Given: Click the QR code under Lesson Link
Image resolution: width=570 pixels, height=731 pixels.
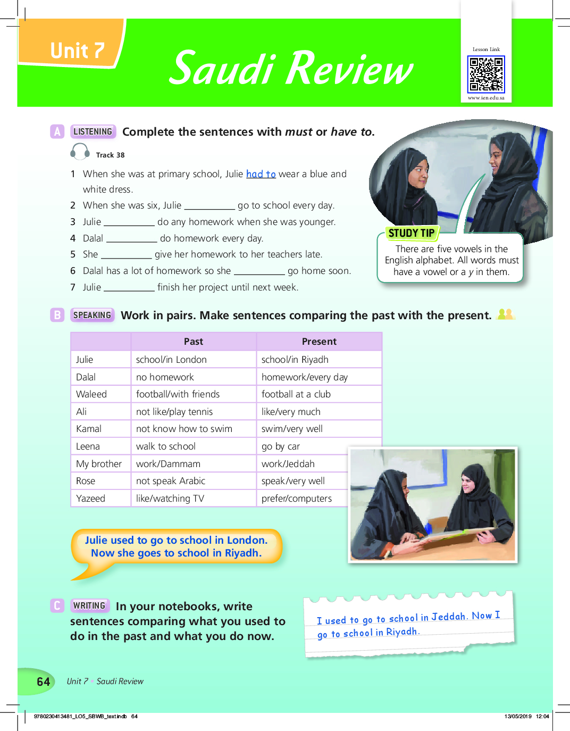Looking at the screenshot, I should pyautogui.click(x=486, y=75).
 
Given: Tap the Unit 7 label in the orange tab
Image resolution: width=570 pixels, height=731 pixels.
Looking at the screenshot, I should pyautogui.click(x=77, y=51).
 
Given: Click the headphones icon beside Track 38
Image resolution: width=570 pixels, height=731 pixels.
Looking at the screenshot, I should pyautogui.click(x=80, y=152).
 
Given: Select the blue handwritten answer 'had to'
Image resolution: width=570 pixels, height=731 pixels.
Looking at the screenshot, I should pyautogui.click(x=261, y=174).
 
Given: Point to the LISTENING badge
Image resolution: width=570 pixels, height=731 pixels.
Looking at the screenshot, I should pyautogui.click(x=93, y=131).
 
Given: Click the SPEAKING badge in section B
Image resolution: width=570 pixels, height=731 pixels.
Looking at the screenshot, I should pyautogui.click(x=93, y=315).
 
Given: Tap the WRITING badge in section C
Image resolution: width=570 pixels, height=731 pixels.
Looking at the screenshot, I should pyautogui.click(x=89, y=605).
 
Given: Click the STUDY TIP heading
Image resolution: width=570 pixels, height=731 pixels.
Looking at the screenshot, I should pyautogui.click(x=411, y=233).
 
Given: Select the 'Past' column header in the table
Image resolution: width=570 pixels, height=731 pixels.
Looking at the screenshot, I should pyautogui.click(x=194, y=342).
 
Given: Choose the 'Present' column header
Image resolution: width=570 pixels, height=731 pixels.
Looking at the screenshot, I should pyautogui.click(x=319, y=342).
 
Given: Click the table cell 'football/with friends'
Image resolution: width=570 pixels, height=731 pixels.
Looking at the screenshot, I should pyautogui.click(x=178, y=394).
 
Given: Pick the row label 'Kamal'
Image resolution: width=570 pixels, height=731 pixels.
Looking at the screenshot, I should pyautogui.click(x=89, y=429).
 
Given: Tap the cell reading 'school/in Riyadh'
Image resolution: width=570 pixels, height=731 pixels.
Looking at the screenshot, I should pyautogui.click(x=295, y=360).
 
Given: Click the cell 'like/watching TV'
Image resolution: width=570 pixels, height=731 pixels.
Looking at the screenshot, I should pyautogui.click(x=170, y=499).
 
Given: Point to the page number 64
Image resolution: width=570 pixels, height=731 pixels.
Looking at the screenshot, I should pyautogui.click(x=44, y=682).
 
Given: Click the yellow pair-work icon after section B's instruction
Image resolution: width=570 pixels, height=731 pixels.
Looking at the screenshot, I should pyautogui.click(x=505, y=314).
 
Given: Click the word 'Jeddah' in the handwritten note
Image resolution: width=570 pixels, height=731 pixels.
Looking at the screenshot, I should pyautogui.click(x=448, y=617).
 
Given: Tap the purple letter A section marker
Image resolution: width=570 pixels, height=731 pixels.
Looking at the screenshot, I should pyautogui.click(x=57, y=131).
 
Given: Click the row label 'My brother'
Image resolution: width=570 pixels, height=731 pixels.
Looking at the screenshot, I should pyautogui.click(x=99, y=464).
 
